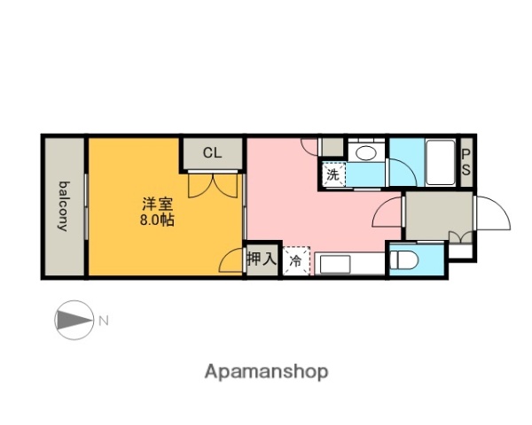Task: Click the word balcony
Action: pos(64,205)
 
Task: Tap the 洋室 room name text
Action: pos(156,202)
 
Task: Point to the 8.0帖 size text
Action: pos(156,220)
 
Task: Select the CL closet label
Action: pos(212,153)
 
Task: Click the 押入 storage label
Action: pos(261,260)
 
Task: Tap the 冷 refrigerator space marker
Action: pos(295,261)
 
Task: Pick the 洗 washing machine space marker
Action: pos(332,174)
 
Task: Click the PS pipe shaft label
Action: pos(466,161)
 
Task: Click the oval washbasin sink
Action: pos(364,153)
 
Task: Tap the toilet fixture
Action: pos(403,259)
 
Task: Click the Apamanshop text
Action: pos(266,372)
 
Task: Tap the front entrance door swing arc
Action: pos(492,212)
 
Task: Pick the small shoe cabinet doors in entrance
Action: pos(458,236)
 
